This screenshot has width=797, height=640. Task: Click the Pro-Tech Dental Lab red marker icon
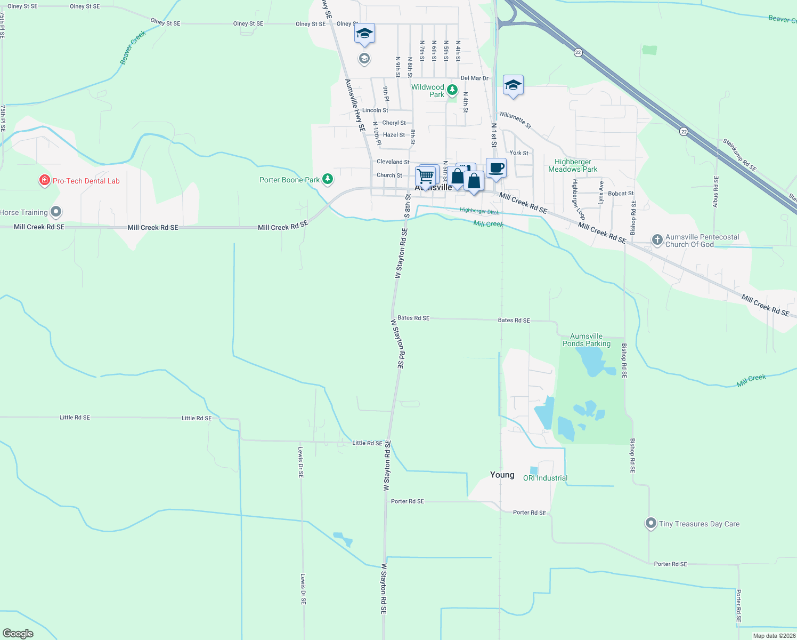tap(45, 181)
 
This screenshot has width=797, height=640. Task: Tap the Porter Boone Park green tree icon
tap(328, 180)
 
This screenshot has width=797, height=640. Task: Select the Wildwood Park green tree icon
tap(452, 90)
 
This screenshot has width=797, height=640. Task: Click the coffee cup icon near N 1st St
tap(496, 168)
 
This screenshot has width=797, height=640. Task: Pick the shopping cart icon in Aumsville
tap(425, 175)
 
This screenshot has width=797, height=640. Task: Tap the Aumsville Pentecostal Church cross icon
tap(657, 240)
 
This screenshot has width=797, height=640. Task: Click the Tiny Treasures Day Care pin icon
tap(650, 523)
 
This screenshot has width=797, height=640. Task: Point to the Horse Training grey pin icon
tap(55, 212)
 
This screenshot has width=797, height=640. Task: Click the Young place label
tap(502, 475)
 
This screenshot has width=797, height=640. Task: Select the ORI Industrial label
tap(545, 478)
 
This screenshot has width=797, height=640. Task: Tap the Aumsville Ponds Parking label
tap(587, 340)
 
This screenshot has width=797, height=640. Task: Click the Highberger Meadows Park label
tap(573, 165)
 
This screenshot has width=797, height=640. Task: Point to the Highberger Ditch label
tap(479, 211)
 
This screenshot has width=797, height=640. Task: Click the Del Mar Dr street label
tap(474, 78)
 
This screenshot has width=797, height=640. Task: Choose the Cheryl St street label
tap(394, 123)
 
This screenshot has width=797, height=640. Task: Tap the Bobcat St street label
tap(621, 194)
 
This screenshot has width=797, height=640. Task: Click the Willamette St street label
tap(515, 120)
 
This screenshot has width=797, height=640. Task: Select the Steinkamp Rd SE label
tap(739, 155)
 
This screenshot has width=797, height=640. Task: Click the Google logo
tap(18, 633)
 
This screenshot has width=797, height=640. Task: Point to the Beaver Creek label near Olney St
tap(133, 48)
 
